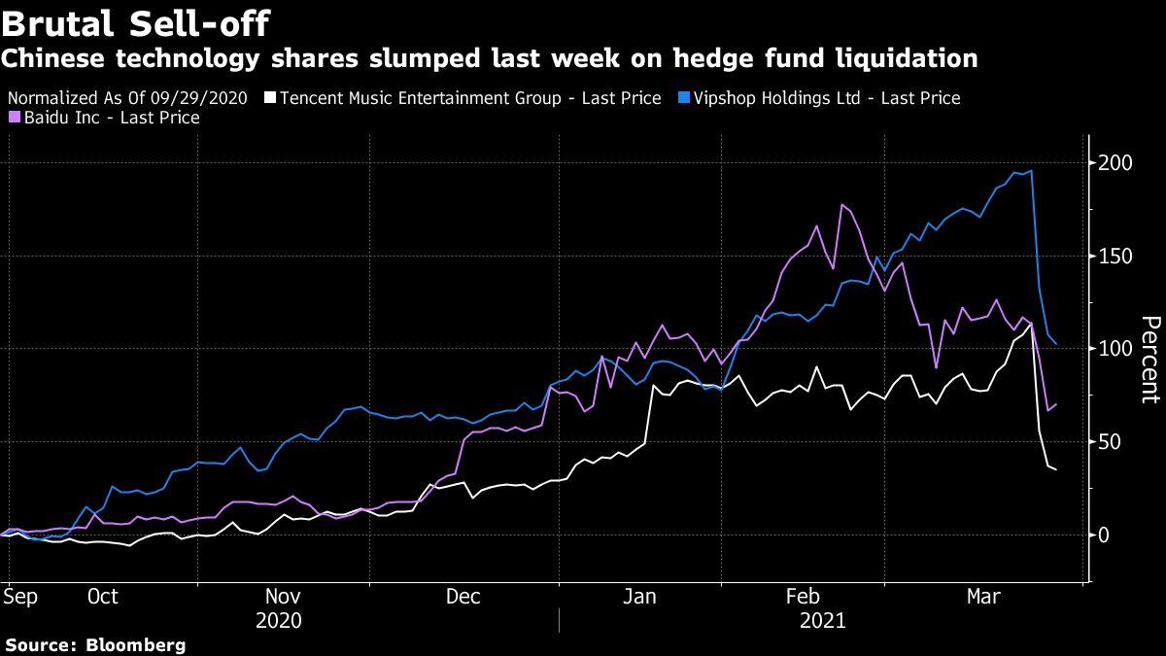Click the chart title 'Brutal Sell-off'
click(135, 21)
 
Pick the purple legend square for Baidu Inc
click(14, 118)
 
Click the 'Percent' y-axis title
click(1149, 359)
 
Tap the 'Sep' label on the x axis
click(20, 596)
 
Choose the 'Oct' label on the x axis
click(102, 596)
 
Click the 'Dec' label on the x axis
click(463, 596)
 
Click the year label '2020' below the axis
click(279, 620)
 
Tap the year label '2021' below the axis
click(822, 620)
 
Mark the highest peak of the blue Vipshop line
click(1030, 171)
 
